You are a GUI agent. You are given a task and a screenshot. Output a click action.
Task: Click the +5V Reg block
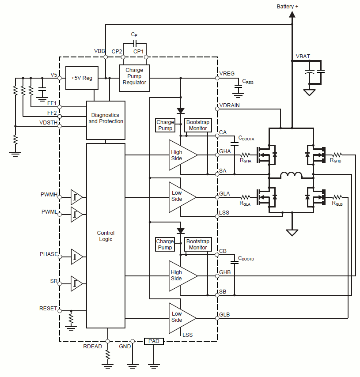(81, 78)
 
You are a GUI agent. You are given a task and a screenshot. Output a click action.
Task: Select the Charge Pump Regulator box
(134, 76)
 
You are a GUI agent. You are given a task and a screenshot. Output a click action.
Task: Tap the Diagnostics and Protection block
(106, 118)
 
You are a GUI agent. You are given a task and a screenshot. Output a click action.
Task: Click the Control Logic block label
(106, 236)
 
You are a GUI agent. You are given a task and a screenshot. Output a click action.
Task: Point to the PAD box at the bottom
(154, 341)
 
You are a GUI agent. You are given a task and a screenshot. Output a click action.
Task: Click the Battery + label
(287, 6)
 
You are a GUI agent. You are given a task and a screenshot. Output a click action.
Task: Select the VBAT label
(303, 57)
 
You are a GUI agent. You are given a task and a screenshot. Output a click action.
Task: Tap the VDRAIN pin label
(230, 106)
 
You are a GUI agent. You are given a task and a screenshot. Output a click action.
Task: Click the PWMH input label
(49, 194)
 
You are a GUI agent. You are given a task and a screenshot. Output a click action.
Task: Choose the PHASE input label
(49, 254)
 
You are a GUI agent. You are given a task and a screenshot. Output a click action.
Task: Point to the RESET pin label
(48, 308)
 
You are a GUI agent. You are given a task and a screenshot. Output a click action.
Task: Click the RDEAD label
(92, 347)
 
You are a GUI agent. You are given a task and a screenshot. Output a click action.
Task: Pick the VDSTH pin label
(48, 123)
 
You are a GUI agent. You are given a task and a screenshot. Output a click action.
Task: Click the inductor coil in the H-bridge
(291, 175)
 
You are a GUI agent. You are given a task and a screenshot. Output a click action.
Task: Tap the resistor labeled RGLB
(337, 197)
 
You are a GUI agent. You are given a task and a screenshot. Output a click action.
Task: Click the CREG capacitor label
(248, 82)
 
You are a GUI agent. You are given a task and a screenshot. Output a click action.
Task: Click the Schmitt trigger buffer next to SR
(77, 283)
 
